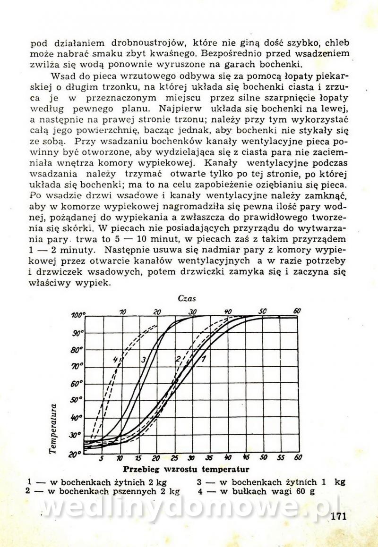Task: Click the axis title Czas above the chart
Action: coord(187,298)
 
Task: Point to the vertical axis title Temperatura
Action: coord(53,429)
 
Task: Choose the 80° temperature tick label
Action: coord(77,350)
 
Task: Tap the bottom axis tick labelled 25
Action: coord(174,457)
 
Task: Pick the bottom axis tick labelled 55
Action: coord(281,457)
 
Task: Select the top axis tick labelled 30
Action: coord(192,311)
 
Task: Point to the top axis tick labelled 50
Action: coord(263,311)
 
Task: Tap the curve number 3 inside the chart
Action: coord(144,360)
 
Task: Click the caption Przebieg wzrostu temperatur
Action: coord(186,470)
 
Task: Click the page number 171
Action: coord(339,515)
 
